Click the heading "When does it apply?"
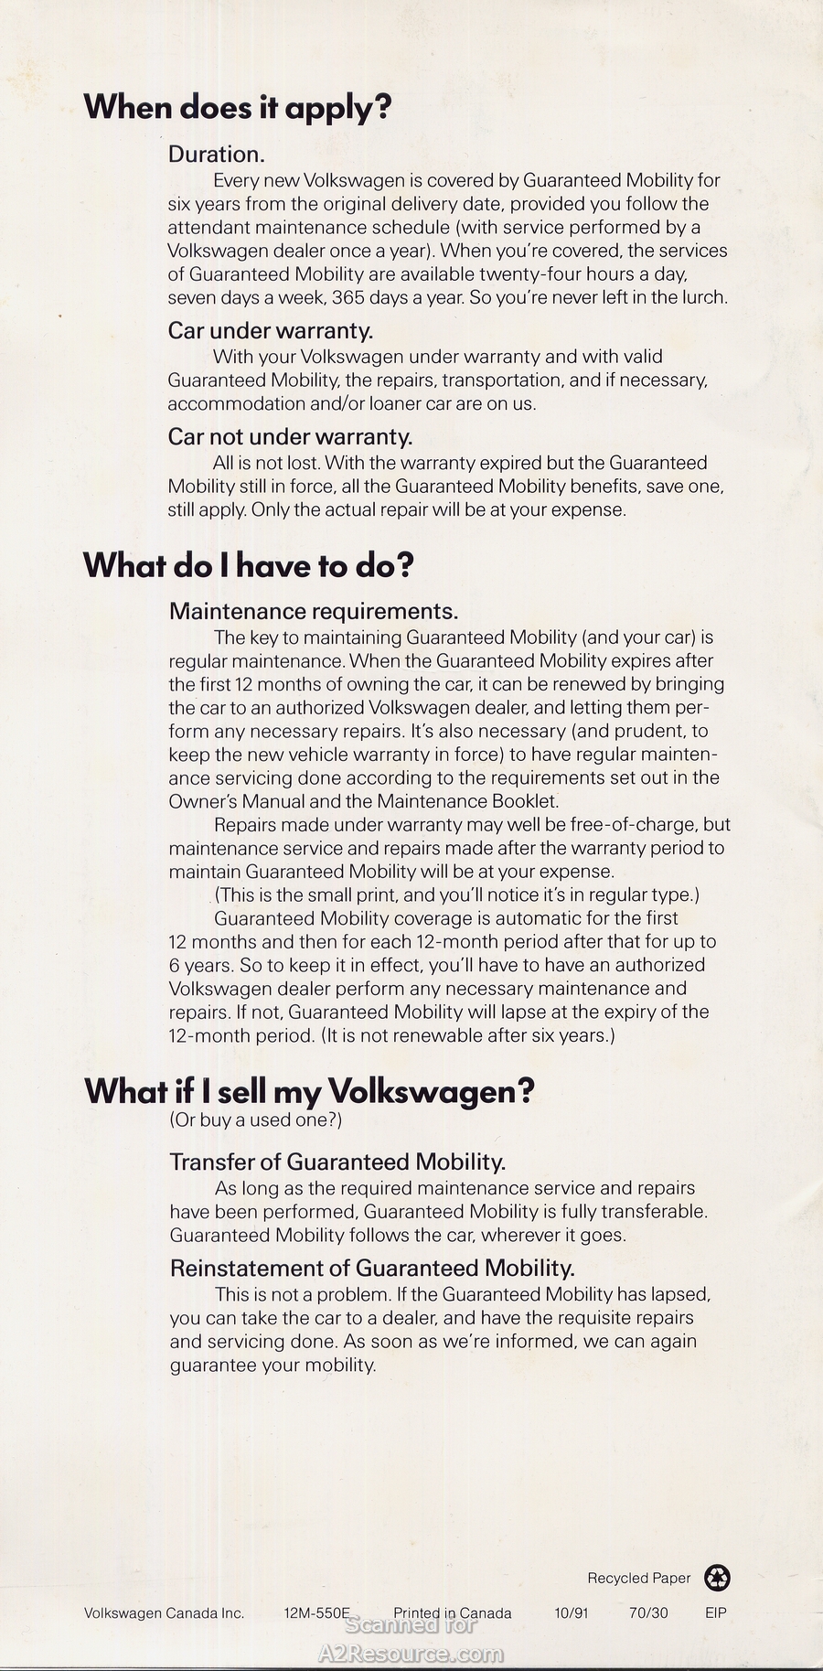tap(238, 108)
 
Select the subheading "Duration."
tap(217, 154)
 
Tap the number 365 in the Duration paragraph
tap(347, 297)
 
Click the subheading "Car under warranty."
tap(271, 330)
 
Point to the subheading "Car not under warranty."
tap(290, 437)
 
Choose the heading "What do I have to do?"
tap(249, 565)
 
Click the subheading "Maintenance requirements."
tap(314, 611)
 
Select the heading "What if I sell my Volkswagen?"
tap(309, 1090)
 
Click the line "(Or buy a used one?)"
tap(256, 1119)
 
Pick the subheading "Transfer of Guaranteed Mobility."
tap(337, 1162)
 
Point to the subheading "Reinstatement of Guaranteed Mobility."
tap(372, 1269)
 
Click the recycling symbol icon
tap(718, 1578)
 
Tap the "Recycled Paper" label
tap(639, 1579)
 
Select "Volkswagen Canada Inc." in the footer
tap(165, 1613)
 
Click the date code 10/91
tap(572, 1613)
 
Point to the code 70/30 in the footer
tap(648, 1613)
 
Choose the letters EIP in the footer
tap(716, 1613)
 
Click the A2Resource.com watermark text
tap(411, 1654)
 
